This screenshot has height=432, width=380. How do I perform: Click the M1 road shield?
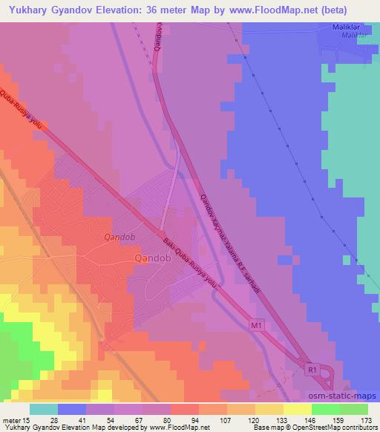coord(256,325)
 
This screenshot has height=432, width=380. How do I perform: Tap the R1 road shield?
coord(312,368)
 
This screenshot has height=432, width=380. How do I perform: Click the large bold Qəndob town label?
coord(153,258)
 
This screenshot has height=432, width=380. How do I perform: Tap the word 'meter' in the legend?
coord(10,419)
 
